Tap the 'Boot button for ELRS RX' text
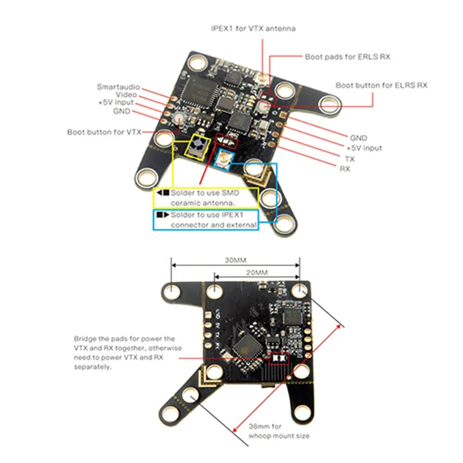click(x=381, y=85)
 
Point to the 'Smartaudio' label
click(x=118, y=87)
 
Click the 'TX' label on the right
click(x=350, y=159)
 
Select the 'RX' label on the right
click(x=345, y=169)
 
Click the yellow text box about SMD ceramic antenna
click(x=206, y=198)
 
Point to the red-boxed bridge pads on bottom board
click(x=278, y=358)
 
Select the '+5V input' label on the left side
click(x=115, y=102)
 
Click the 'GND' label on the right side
click(x=358, y=138)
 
